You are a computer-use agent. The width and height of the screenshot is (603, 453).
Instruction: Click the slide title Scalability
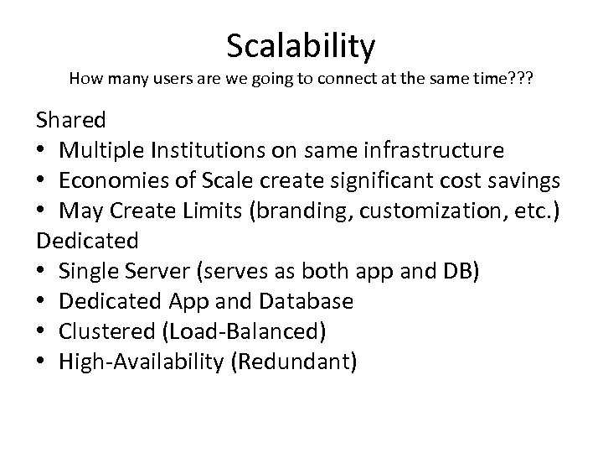coord(301,46)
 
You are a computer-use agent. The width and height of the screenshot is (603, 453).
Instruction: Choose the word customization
coord(423,211)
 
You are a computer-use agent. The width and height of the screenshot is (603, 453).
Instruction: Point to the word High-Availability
coord(138,361)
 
